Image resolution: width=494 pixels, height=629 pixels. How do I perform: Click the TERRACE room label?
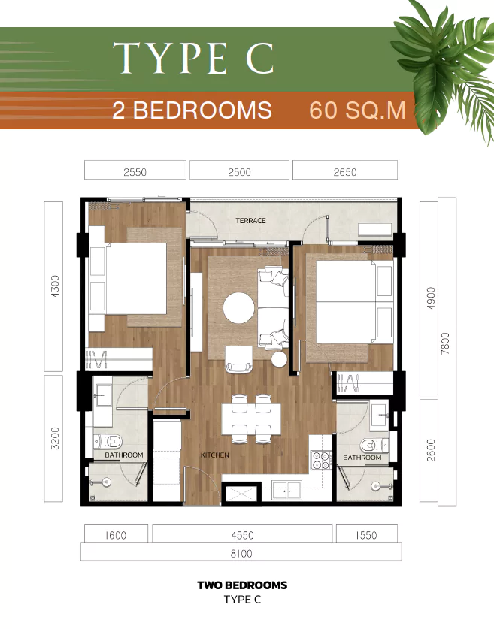250,221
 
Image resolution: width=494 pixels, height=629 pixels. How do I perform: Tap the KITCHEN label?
215,455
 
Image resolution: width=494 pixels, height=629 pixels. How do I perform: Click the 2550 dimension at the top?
135,172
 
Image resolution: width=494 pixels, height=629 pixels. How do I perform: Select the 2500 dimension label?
239,172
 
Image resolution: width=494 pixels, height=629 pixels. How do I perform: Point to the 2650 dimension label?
345,172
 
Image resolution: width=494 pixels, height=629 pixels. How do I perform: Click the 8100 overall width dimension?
241,554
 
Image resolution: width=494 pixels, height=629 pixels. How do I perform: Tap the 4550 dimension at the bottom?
242,535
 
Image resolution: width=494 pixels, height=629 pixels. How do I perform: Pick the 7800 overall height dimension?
445,343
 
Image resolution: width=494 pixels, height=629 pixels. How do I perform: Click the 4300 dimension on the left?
56,286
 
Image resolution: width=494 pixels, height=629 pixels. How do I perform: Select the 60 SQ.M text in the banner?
357,110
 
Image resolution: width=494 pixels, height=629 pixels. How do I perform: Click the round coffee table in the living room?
239,307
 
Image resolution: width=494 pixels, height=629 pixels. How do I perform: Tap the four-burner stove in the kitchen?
321,460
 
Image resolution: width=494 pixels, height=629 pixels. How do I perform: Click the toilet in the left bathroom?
108,442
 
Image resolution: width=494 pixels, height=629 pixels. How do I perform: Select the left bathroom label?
124,455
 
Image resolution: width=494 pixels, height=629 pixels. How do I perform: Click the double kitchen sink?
287,490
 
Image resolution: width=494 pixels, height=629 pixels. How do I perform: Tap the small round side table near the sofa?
279,359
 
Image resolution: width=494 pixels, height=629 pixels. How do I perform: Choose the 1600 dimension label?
116,535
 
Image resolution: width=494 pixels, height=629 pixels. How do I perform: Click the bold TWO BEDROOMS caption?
242,585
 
